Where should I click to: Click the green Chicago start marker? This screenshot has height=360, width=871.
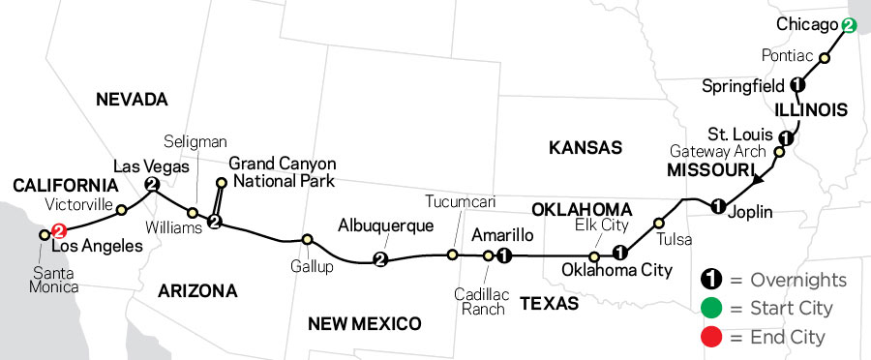click(x=849, y=26)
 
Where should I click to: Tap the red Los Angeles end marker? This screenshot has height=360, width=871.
click(x=58, y=231)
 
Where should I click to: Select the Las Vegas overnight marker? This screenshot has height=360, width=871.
click(x=151, y=184)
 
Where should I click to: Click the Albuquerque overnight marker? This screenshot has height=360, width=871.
click(x=379, y=259)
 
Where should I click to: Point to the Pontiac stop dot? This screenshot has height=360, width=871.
click(x=825, y=58)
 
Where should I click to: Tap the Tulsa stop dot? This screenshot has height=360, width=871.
click(x=661, y=221)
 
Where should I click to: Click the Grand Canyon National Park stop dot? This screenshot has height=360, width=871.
click(x=222, y=182)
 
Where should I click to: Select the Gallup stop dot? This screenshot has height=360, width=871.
click(x=307, y=239)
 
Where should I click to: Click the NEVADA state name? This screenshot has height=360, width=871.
click(x=132, y=99)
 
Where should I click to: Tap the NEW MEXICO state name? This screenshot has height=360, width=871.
click(x=365, y=323)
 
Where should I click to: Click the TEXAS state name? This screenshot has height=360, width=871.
click(x=550, y=304)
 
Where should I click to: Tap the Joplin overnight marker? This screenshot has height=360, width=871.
click(x=717, y=206)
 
